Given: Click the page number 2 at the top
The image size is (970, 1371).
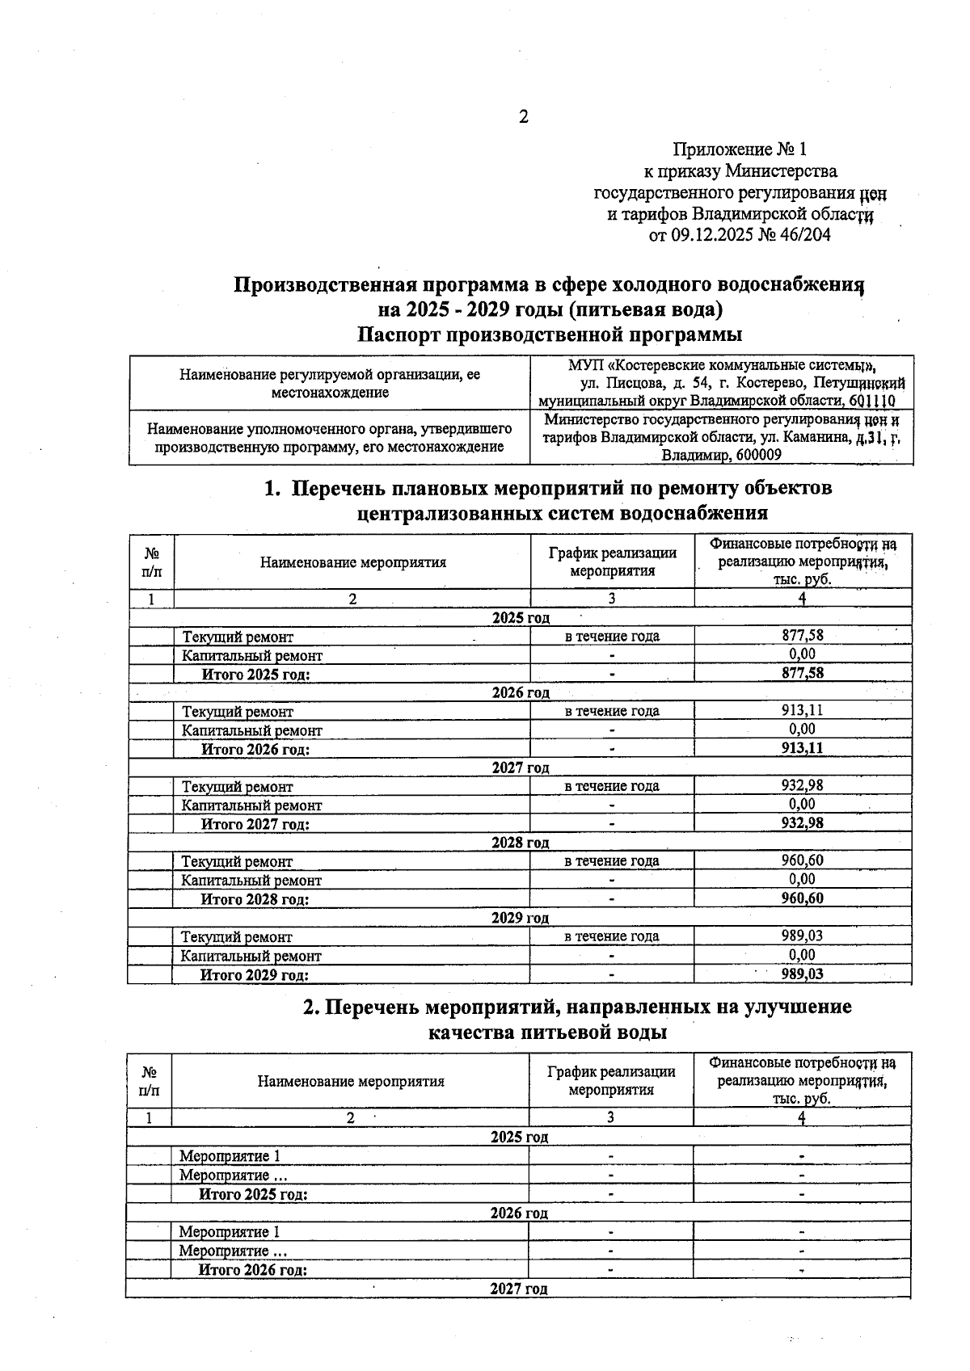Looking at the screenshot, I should click(x=523, y=117).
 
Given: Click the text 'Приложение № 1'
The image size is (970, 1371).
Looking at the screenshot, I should click(x=740, y=149).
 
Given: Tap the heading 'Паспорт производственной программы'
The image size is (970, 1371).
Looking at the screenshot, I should click(x=550, y=334).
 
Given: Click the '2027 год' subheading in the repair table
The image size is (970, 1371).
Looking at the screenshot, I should click(x=521, y=768).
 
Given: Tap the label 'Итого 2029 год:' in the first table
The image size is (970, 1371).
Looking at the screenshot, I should click(x=255, y=975).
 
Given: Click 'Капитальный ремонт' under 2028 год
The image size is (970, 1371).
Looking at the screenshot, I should click(x=251, y=881).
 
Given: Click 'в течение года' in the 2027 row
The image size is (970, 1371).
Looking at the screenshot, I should click(x=612, y=786).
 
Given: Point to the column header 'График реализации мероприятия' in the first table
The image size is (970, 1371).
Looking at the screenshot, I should click(x=612, y=561).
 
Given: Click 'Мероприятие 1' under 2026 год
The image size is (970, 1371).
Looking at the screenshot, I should click(x=230, y=1232).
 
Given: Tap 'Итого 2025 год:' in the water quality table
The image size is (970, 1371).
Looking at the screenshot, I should click(x=254, y=1194).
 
